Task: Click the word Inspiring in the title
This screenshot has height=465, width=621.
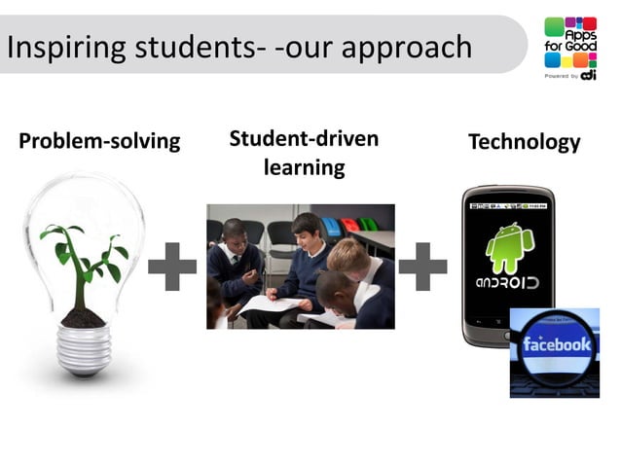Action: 58,47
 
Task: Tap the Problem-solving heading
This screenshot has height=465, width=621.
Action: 99,141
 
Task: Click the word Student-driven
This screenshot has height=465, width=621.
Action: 304,138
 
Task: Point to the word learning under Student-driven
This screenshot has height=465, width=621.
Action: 304,167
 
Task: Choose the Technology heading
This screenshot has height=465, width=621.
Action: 524,142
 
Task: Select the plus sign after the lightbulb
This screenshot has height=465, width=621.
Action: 172,267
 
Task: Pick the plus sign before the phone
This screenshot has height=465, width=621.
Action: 422,267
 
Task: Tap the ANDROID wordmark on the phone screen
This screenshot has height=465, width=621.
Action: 507,283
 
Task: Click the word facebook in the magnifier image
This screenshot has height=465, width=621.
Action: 557,345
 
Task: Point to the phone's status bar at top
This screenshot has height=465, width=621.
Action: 508,206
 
